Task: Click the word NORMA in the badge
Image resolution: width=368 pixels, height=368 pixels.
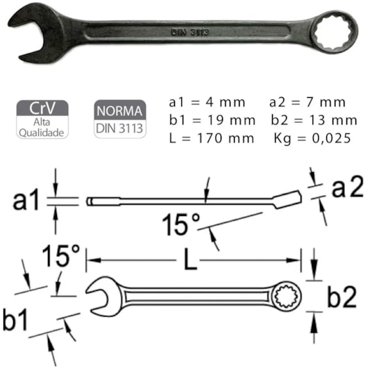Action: pyautogui.click(x=121, y=110)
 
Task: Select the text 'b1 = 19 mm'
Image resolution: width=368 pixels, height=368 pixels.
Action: pyautogui.click(x=210, y=119)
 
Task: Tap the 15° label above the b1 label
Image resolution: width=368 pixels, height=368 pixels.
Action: pyautogui.click(x=60, y=256)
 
